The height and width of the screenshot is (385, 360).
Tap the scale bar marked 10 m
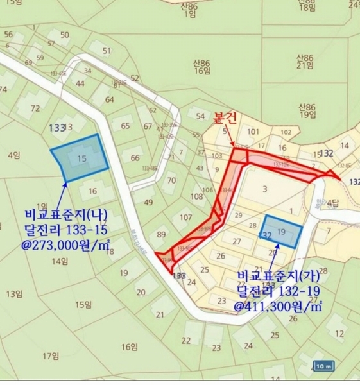click(325, 366)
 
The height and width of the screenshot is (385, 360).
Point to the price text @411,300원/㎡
click(278, 307)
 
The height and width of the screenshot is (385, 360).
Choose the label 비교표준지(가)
click(277, 276)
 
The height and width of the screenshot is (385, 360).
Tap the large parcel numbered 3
click(264, 189)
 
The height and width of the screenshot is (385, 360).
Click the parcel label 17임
click(51, 355)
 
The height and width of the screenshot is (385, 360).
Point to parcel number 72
click(35, 108)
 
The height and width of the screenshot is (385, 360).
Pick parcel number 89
click(161, 235)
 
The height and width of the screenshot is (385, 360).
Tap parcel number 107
click(185, 218)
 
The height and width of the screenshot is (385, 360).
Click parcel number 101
click(253, 133)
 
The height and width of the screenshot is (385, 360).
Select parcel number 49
click(148, 203)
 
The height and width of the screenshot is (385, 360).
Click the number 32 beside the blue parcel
click(264, 235)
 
